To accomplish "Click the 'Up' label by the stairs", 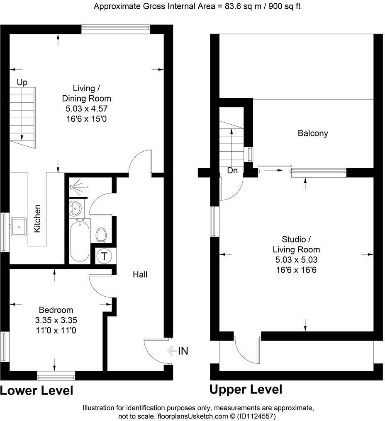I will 22,82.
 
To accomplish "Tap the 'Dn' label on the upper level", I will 232,170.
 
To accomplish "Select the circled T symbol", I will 104,256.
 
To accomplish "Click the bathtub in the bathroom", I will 80,241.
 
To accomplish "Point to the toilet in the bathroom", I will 101,235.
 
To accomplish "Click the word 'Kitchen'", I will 37,218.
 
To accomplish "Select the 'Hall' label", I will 140,274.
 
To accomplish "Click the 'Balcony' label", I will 313,133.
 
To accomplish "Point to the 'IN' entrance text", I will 183,351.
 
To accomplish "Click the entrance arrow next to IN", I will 172,351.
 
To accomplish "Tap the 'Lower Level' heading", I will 37,390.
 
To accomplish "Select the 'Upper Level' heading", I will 246,390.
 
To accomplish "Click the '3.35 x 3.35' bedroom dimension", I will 56,320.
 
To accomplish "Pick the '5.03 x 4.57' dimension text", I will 86,109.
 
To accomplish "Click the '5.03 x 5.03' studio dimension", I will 296,260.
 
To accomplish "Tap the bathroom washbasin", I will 76,208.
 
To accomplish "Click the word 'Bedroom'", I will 56,310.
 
